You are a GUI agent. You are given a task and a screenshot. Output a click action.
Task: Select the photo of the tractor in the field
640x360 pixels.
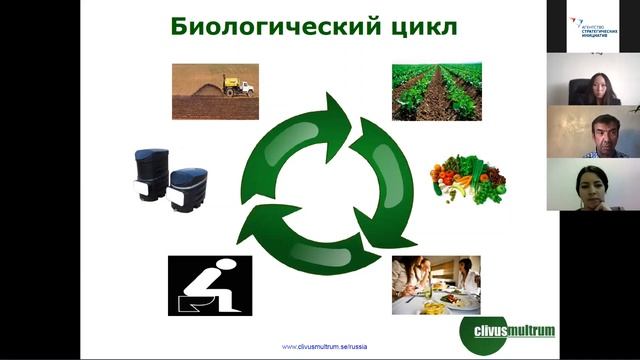215,92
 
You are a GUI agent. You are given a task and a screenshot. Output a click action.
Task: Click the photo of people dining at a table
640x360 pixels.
435,285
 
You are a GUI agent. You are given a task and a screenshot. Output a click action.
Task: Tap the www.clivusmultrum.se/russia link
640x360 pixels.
325,346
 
